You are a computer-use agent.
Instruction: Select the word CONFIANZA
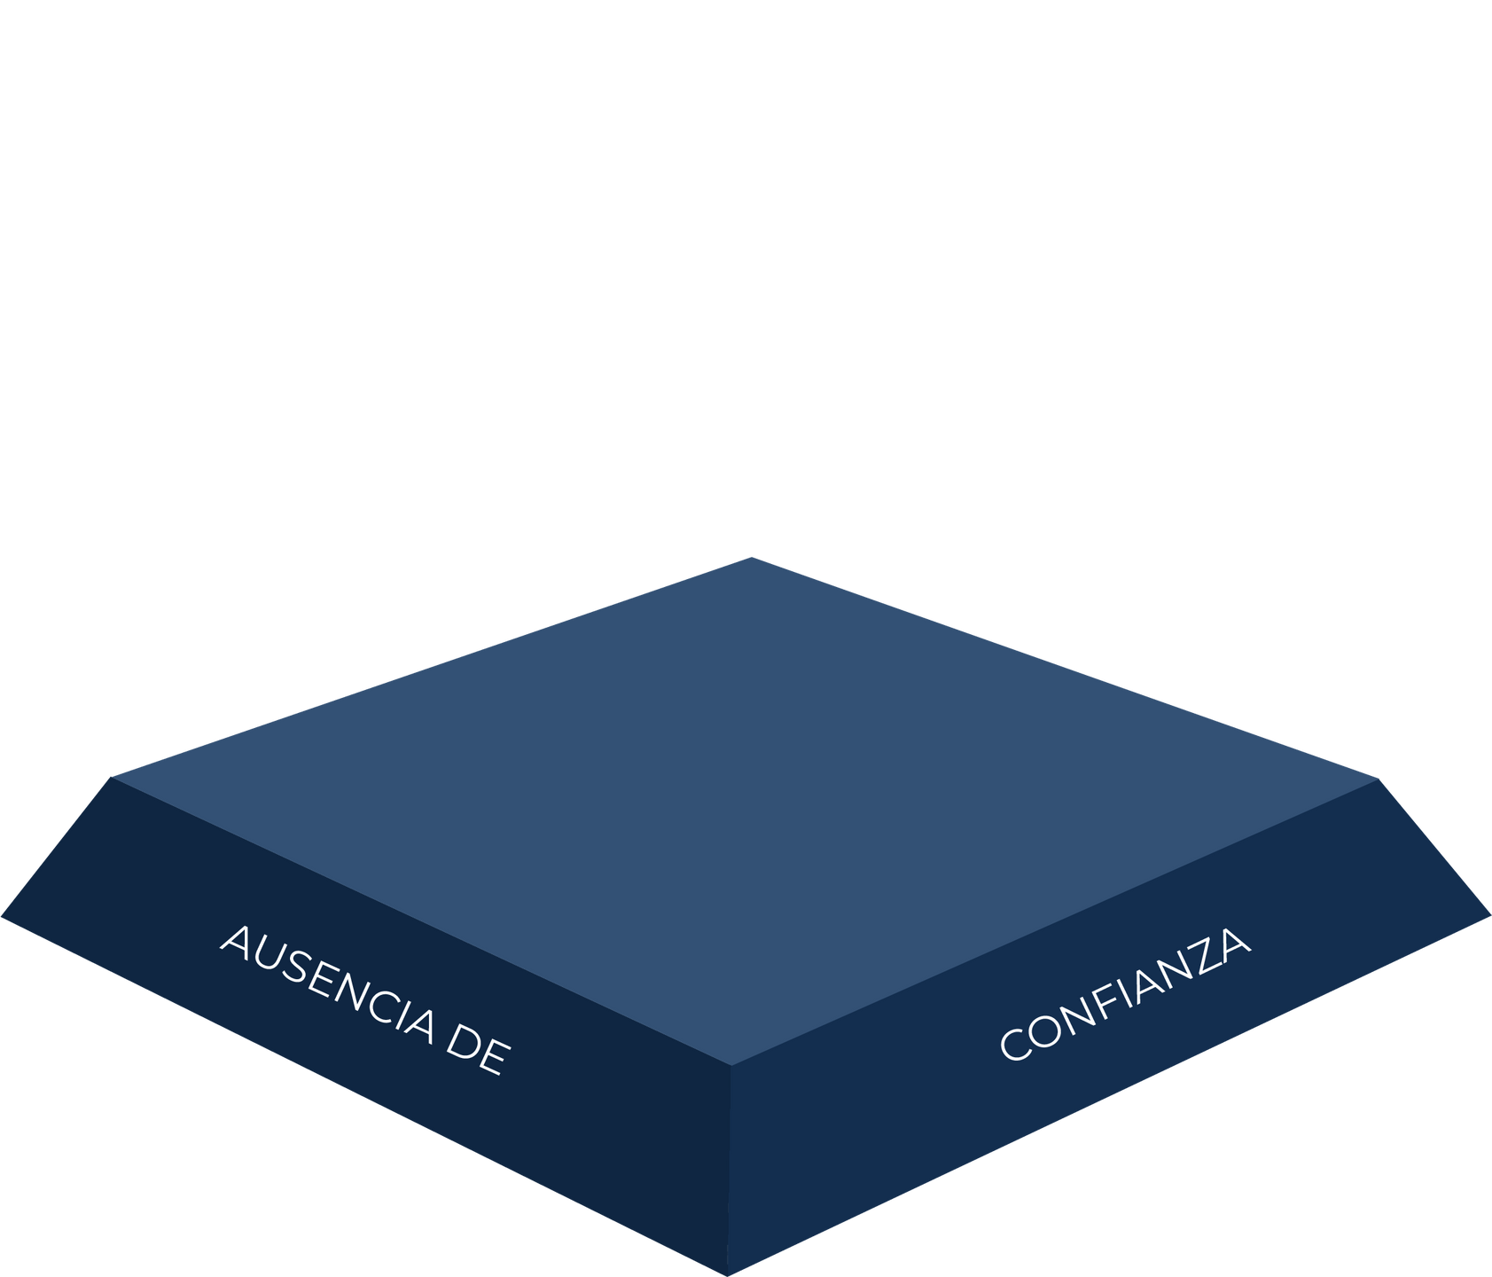click(1124, 994)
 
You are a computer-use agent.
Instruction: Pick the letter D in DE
click(463, 1041)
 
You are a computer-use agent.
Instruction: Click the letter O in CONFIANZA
click(1044, 1030)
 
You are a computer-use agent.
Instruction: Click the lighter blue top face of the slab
click(745, 798)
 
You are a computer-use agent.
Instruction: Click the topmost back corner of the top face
click(752, 556)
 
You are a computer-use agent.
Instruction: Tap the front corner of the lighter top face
click(731, 1064)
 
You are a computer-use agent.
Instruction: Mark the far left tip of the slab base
click(4, 919)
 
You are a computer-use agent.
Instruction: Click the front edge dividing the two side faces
click(729, 1171)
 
